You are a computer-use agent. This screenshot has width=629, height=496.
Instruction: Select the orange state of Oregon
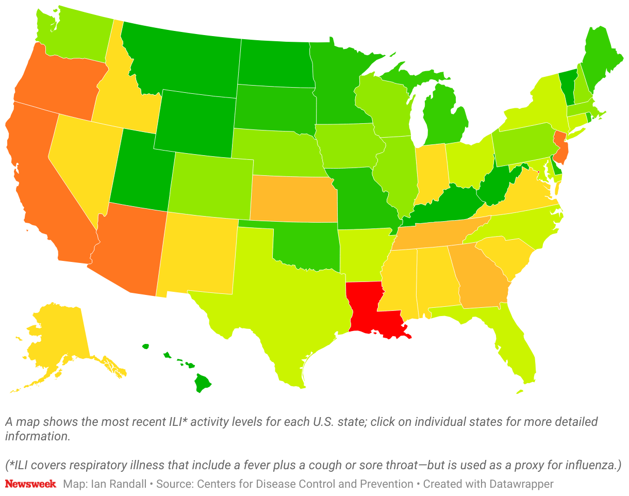click(x=57, y=82)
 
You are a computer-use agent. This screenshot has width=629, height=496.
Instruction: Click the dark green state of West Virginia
click(x=495, y=188)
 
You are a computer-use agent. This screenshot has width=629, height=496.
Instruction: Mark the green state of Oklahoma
click(x=304, y=245)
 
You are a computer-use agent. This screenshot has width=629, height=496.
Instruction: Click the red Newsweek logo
click(x=30, y=484)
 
